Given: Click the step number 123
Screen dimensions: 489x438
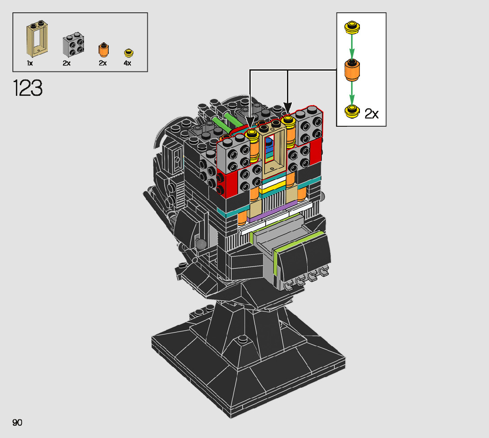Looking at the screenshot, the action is tap(27, 88).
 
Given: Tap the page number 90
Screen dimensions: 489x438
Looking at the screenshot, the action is tap(17, 423).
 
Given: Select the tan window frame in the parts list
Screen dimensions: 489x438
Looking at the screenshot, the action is tap(38, 39).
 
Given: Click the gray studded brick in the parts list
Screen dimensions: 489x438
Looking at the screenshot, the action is tap(73, 44).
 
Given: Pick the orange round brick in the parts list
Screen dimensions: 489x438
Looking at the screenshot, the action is tap(103, 50).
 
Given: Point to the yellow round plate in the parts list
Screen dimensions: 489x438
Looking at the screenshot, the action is tap(129, 53).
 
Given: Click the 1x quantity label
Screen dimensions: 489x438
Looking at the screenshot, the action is tap(30, 63).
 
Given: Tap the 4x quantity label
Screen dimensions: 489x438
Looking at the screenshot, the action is tap(127, 63).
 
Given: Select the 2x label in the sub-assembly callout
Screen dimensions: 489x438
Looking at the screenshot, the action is tap(371, 114).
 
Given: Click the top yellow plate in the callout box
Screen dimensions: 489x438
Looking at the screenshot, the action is tap(352, 27).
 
